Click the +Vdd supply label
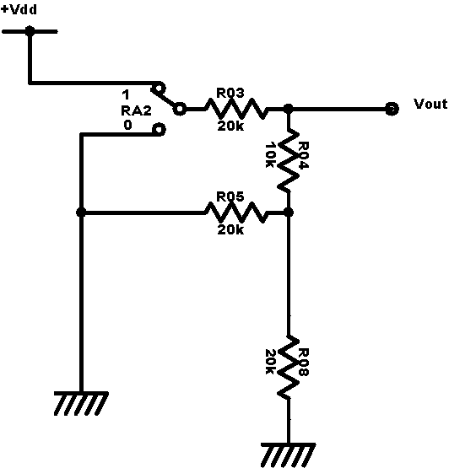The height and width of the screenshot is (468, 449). coord(19,9)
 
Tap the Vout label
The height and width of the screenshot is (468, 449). coord(430,104)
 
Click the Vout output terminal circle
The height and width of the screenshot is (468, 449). coord(392,109)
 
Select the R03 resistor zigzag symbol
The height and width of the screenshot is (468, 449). coord(235,109)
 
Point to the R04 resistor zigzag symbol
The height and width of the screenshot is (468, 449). coord(289,160)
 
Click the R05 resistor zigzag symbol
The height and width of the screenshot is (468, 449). coord(235,212)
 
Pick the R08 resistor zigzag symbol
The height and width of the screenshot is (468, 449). coord(289,367)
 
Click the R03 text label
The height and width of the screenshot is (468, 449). coord(230,93)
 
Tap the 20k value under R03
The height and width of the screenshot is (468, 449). coord(230,126)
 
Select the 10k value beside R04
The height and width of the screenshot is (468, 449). coord(270,155)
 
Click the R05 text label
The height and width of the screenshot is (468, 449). coord(230,196)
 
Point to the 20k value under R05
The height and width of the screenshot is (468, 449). coord(230,229)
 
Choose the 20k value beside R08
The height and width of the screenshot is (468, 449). coord(270,362)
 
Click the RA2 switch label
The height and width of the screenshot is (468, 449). coord(136,111)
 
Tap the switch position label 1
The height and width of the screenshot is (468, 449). coord(126,95)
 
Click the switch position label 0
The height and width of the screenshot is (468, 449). coord(127,125)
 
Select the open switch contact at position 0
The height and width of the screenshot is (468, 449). coord(159,130)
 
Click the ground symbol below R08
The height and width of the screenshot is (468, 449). coord(289,455)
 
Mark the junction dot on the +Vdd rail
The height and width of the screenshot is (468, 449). coord(30,31)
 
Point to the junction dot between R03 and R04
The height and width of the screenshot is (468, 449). coord(289,109)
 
